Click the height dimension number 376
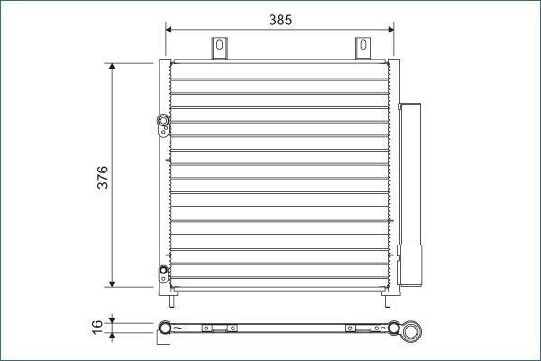pos(103,177)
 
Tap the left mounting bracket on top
pos(218,49)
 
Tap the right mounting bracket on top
pos(362,49)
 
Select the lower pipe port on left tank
pos(162,269)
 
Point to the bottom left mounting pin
pos(168,292)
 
